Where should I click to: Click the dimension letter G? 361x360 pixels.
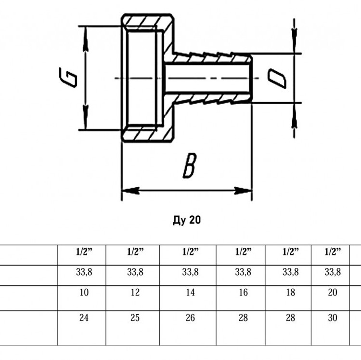(x=68, y=78)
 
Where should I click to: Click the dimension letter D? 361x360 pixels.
(x=277, y=79)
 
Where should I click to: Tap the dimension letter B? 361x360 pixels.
(x=190, y=165)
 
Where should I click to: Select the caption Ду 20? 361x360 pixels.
(x=187, y=220)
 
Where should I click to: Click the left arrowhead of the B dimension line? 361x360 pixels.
(x=130, y=190)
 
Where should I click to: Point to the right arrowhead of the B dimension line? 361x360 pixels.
(x=243, y=190)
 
